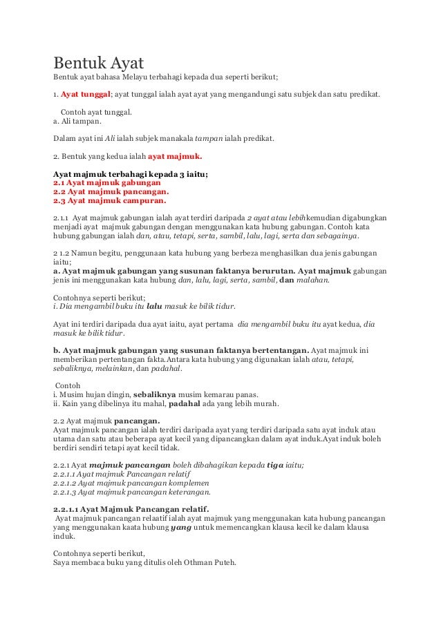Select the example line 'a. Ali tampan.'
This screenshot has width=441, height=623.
pyautogui.click(x=77, y=121)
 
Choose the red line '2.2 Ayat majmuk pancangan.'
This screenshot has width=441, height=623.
pyautogui.click(x=111, y=192)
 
